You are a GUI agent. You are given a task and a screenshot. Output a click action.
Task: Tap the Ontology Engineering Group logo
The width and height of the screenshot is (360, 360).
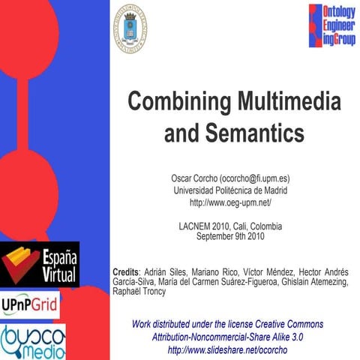[x=332, y=27]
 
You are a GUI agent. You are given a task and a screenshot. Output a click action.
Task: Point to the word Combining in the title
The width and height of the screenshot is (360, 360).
[x=172, y=100]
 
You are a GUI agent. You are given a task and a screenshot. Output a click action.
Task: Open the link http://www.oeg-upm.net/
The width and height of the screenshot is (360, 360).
[x=229, y=202]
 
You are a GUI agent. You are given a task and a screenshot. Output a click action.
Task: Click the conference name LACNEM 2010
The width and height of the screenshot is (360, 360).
[x=202, y=226]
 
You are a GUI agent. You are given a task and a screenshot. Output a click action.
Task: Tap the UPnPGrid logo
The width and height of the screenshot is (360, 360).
[x=30, y=305]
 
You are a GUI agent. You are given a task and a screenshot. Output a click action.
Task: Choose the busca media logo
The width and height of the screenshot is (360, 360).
[x=31, y=340]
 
